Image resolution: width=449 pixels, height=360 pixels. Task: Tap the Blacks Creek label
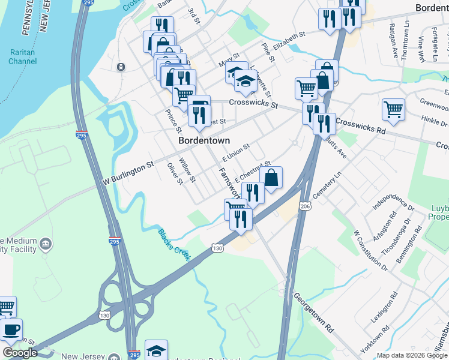click(174, 244)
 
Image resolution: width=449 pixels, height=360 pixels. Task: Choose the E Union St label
click(235, 153)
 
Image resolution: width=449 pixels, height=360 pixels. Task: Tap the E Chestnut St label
click(253, 172)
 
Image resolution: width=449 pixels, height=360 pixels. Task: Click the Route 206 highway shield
click(306, 206)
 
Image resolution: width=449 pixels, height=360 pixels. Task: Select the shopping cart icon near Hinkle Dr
click(393, 110)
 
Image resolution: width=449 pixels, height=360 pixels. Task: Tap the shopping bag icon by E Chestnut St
click(271, 178)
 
